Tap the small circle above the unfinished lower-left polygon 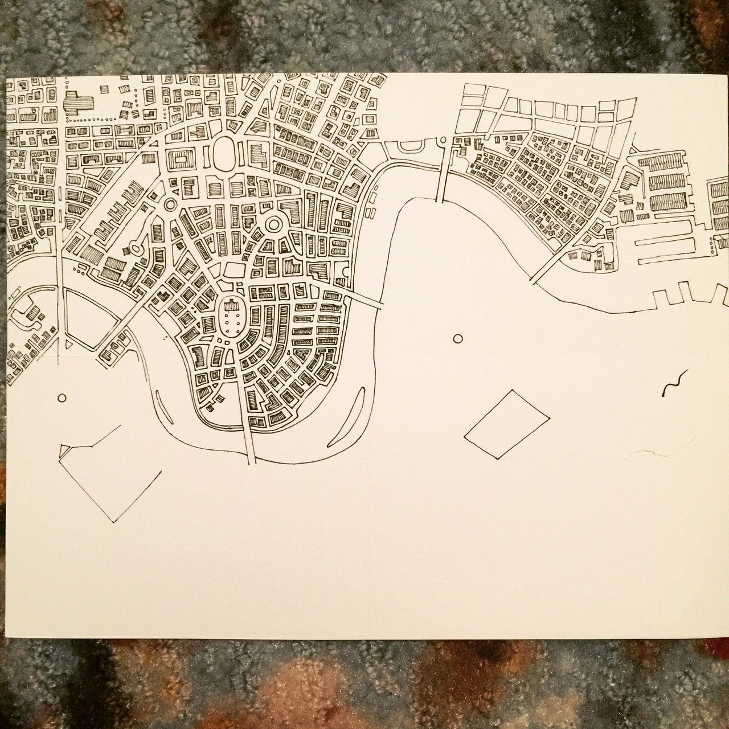(62, 398)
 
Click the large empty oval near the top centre (226, 154)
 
